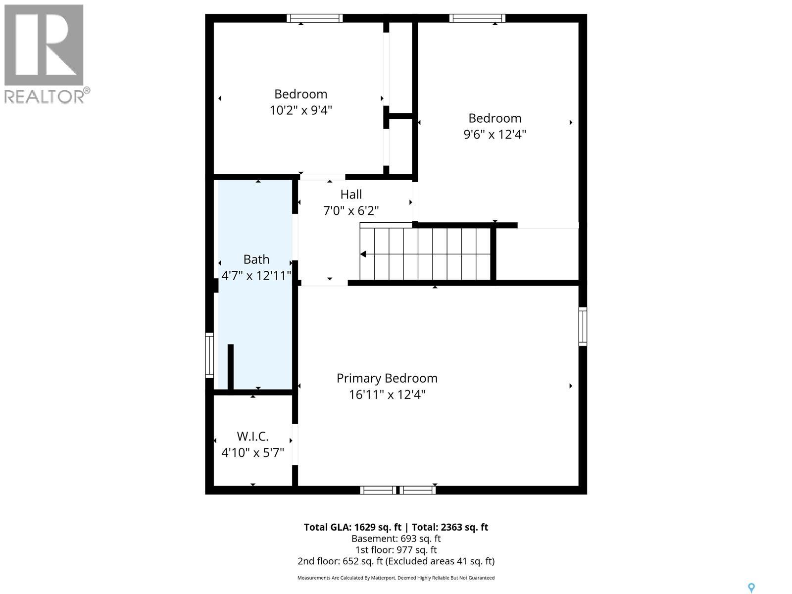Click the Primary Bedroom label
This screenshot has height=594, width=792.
387,378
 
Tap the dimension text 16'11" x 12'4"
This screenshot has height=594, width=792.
387,395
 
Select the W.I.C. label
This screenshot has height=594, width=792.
252,437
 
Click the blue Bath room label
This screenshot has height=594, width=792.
256,259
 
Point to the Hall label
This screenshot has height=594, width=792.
351,195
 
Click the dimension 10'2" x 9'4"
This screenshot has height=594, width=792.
300,110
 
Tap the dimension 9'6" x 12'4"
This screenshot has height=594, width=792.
495,134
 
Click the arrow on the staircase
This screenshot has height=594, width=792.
363,254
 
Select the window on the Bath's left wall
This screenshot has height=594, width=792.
209,355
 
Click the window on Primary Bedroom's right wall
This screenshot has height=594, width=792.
583,326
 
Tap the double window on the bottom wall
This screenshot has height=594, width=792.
398,490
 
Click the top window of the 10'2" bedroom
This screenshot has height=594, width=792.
315,18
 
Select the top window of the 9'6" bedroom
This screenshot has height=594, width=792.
477,18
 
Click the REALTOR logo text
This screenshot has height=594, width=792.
47,96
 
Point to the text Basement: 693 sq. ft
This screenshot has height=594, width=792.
396,539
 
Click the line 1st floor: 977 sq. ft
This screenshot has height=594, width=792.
396,550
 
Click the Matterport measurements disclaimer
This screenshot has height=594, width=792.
396,578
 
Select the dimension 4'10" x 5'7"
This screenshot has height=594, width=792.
252,452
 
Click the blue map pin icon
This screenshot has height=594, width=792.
751,588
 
